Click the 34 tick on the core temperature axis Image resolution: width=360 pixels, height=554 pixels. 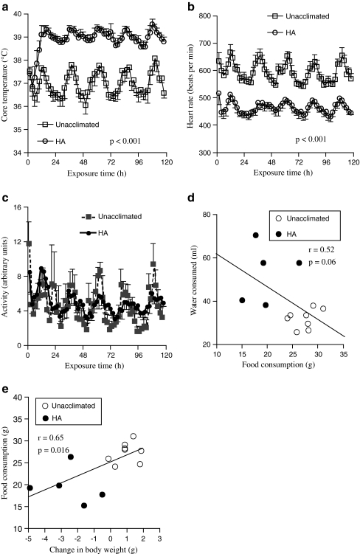[x=18, y=153]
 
